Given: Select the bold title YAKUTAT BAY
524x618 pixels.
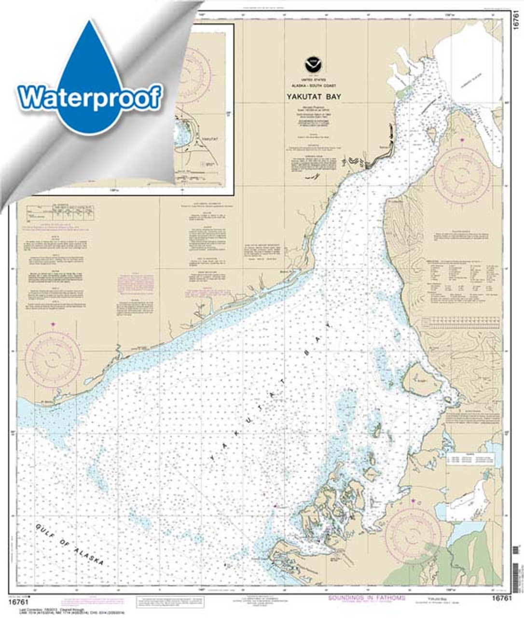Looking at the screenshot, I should pyautogui.click(x=314, y=97).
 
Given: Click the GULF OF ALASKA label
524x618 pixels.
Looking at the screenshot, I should pyautogui.click(x=69, y=545).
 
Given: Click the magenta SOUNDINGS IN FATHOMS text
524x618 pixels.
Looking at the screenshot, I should pyautogui.click(x=367, y=598).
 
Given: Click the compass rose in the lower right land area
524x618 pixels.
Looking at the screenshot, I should pyautogui.click(x=413, y=533).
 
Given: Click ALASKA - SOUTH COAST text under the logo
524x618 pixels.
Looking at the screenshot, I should pyautogui.click(x=314, y=85).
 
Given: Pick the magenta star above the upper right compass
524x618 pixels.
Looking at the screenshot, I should pyautogui.click(x=462, y=140).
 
